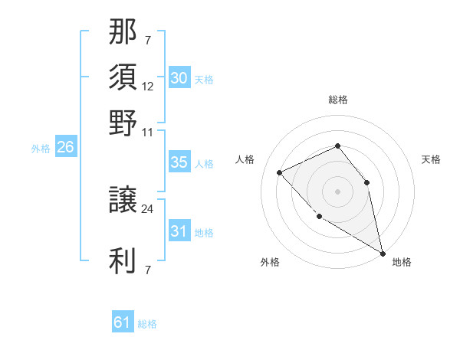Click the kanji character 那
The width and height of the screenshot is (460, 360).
[123, 34]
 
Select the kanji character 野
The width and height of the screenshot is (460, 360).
[123, 123]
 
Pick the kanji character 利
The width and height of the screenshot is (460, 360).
[123, 261]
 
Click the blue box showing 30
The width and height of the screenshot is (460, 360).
[179, 78]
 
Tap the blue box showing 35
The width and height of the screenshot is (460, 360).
[179, 162]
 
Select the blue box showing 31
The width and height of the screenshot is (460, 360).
[179, 231]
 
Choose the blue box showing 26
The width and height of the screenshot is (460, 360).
[65, 148]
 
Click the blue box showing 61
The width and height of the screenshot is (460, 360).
[123, 322]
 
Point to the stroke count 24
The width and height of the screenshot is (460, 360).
[148, 208]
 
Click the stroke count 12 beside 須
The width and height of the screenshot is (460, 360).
[148, 86]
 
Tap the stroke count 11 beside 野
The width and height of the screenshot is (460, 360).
[148, 132]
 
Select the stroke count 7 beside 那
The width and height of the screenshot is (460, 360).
[147, 40]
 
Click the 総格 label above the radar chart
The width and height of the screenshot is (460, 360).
[337, 100]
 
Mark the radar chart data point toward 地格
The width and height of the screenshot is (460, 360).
[383, 254]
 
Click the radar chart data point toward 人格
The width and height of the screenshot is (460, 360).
[280, 172]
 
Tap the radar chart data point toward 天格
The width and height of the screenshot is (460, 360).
[366, 182]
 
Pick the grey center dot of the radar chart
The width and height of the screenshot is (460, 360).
[337, 191]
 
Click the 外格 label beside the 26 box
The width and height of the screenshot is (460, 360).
[40, 149]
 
